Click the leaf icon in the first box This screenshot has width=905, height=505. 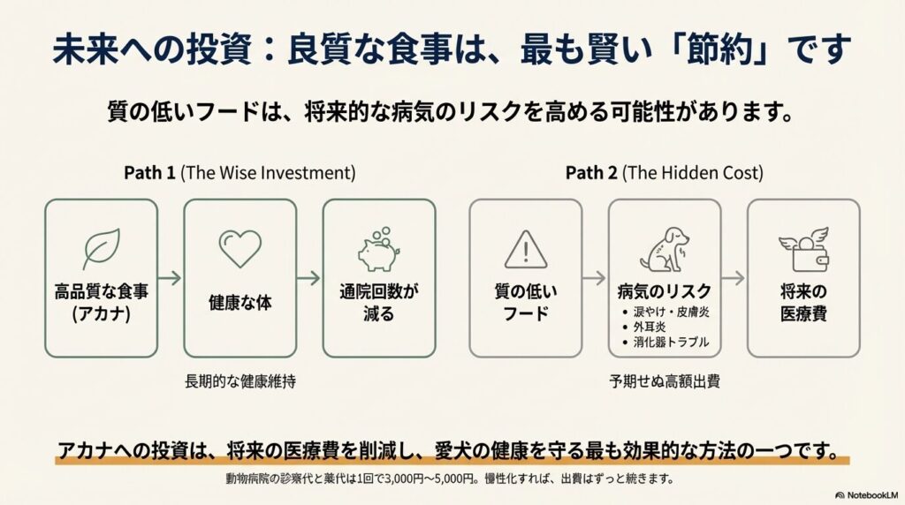(102, 249)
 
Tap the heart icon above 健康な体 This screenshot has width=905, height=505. (240, 248)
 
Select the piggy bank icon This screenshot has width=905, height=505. (378, 249)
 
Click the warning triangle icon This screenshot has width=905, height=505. (526, 250)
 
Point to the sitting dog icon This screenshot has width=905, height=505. (665, 249)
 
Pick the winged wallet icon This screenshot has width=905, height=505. (803, 249)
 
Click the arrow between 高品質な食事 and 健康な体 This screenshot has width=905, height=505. (170, 278)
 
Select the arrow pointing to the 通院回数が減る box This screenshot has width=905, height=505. (308, 278)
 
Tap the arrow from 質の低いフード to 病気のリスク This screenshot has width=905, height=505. (595, 278)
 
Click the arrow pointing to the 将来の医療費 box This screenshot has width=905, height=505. (734, 278)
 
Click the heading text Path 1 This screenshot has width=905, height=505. (149, 173)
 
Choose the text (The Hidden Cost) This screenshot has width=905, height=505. (693, 173)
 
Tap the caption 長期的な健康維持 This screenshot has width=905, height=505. (240, 381)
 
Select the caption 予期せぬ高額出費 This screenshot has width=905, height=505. (665, 381)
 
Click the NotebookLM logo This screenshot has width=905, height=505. (867, 495)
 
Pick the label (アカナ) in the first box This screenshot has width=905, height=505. (101, 314)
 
